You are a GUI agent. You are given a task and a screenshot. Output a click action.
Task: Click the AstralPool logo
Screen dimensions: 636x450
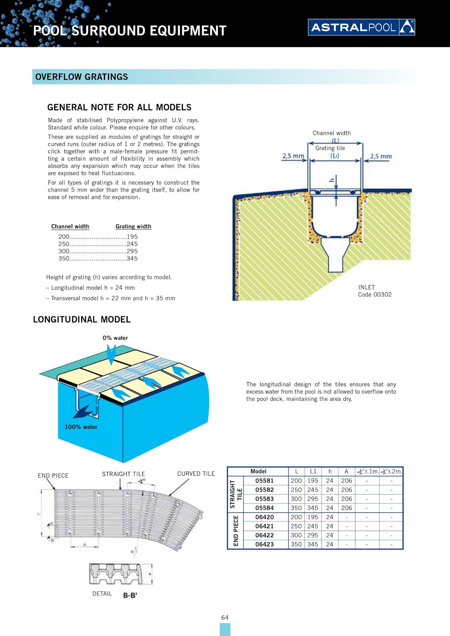point(361,27)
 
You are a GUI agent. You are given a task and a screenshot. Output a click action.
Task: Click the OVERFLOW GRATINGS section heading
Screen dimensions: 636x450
point(82,77)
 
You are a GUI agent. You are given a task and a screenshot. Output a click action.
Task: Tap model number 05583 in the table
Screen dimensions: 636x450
point(264,499)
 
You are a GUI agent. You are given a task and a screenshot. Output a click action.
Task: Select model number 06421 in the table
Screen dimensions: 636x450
point(264,526)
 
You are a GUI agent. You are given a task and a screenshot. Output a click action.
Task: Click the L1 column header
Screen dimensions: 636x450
point(313,471)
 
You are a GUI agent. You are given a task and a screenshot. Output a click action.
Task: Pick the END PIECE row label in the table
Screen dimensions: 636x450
point(236,531)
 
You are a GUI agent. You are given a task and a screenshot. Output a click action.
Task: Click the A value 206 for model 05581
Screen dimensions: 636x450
point(346,481)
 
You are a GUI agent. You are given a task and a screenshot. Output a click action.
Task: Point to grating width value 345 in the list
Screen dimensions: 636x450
point(132,258)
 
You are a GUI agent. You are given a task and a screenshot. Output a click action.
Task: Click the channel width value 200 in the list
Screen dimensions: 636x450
point(64,237)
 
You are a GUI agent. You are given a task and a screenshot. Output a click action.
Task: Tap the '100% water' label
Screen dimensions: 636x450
point(81,427)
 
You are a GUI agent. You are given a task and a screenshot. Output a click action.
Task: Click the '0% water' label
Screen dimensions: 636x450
point(115,338)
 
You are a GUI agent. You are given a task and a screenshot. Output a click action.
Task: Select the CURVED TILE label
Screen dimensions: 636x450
point(196,474)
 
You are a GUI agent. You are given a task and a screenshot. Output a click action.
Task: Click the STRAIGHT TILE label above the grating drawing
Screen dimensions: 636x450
point(123,474)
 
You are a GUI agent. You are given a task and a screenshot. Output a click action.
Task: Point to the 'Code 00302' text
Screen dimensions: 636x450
point(374,295)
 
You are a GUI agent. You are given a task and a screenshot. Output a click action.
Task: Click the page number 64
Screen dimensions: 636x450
point(225,618)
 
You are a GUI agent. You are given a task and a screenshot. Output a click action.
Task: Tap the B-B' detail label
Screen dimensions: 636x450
point(130,595)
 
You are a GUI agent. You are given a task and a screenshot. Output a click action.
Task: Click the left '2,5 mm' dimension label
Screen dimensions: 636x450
point(293,156)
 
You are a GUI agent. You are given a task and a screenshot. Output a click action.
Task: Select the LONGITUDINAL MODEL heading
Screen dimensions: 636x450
point(82,320)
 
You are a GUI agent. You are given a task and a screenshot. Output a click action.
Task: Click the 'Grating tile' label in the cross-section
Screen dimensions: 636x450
point(330,148)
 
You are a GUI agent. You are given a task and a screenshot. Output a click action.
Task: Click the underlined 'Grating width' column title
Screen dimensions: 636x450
point(133,227)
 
